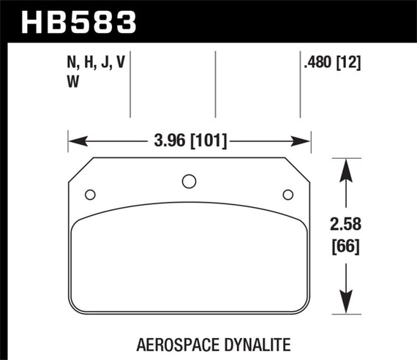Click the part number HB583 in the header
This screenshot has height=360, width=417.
tap(80, 20)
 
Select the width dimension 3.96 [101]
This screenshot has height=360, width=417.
tap(189, 139)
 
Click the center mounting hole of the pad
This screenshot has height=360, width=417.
tap(188, 181)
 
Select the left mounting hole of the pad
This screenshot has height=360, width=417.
tap(90, 194)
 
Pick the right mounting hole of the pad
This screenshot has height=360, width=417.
tap(288, 194)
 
